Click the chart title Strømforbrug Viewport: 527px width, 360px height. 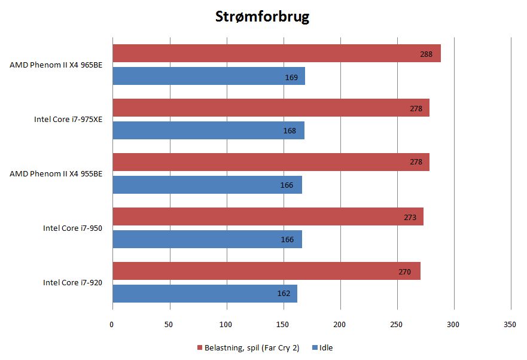[262, 17]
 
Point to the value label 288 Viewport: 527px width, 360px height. [426, 54]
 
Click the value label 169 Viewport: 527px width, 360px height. [291, 77]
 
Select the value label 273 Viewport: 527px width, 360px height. [410, 217]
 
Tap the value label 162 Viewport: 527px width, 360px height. [284, 294]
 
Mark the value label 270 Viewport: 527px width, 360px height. [404, 271]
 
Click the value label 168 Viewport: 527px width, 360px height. [290, 131]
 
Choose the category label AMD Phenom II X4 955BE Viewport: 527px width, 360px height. [56, 173]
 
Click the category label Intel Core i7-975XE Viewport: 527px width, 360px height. [68, 119]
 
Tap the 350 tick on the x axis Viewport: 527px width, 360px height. [510, 324]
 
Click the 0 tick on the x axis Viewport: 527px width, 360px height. [112, 324]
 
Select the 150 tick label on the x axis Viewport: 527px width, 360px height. [283, 324]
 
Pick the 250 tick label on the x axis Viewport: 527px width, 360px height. [397, 324]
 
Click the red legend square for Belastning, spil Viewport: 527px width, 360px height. [199, 347]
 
